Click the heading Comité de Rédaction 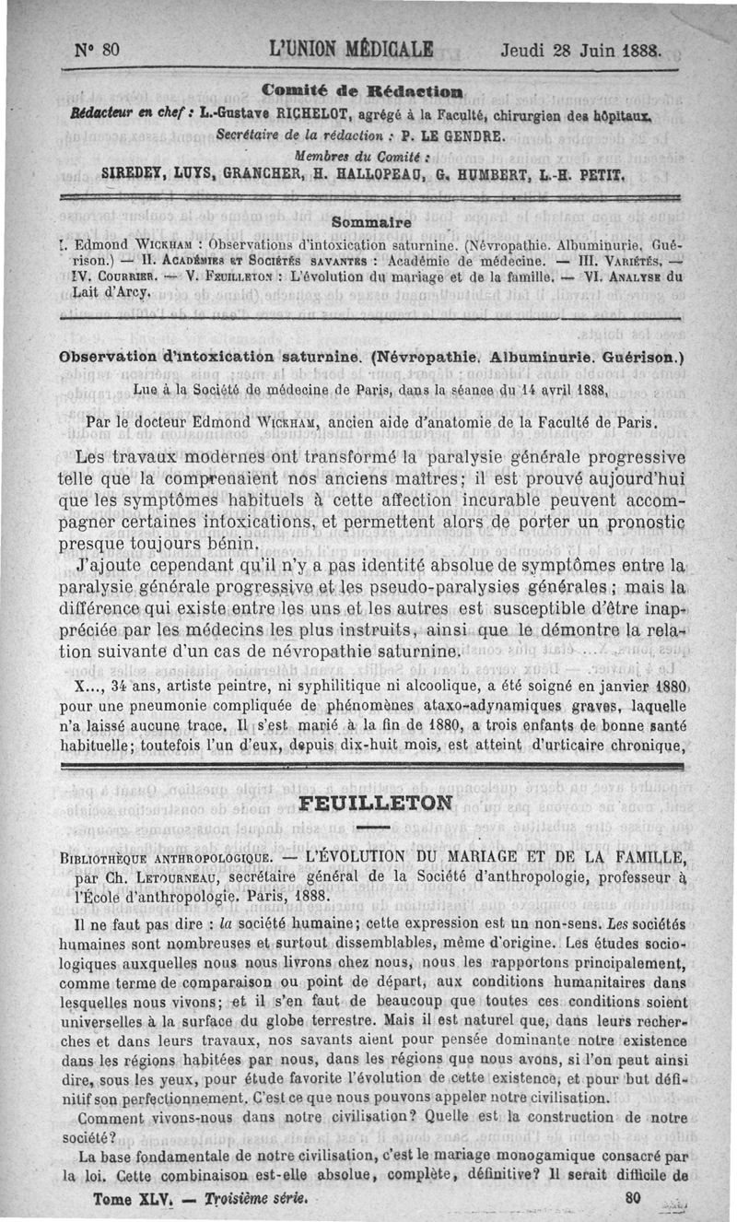362,89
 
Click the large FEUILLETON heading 377,802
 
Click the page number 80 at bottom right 632,1200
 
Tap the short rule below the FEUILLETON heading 376,827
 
